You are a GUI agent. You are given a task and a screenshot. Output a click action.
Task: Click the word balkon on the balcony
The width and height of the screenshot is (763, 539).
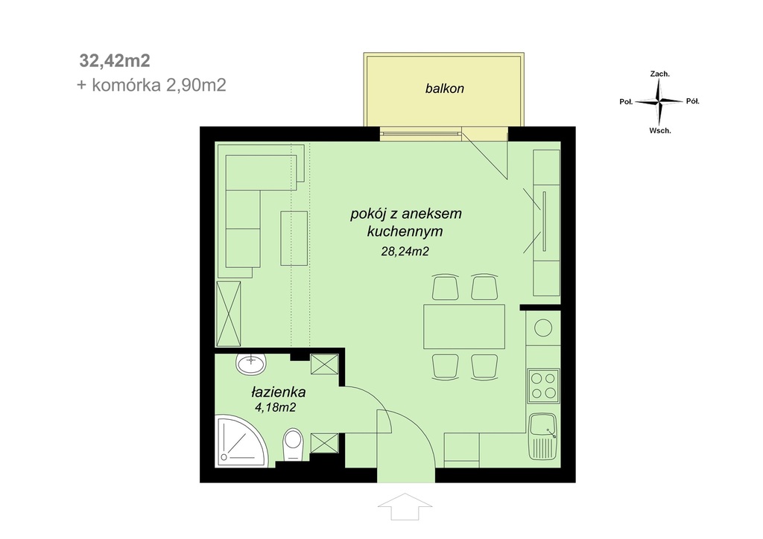444,89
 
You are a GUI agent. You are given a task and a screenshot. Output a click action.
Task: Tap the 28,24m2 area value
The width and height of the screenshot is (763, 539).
405,252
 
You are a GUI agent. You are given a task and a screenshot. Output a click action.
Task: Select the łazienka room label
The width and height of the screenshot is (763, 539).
279,392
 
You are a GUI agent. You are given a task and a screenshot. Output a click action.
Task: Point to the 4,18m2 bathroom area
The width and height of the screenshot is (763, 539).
276,407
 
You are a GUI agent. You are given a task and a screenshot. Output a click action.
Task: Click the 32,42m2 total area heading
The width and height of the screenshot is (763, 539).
115,61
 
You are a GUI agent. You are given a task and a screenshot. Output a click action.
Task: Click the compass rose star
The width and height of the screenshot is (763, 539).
659,101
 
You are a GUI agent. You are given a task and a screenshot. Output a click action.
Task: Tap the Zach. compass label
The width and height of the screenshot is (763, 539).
660,74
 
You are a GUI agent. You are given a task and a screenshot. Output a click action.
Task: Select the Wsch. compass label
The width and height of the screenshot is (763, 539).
660,131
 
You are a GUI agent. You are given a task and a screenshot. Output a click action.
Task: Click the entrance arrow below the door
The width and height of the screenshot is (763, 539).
405,506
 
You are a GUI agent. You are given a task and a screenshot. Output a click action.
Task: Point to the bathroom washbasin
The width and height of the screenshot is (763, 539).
251,363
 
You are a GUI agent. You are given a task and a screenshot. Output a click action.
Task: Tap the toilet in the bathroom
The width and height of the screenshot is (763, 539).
293,444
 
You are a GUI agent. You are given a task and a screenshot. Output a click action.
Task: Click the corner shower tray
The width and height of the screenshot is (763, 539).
241,440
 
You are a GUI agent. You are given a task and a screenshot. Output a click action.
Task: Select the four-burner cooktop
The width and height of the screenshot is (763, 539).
543,386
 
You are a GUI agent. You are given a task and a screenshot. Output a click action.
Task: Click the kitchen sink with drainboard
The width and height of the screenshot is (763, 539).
543,437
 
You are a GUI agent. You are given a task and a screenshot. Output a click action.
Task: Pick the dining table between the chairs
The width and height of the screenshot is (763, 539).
463,327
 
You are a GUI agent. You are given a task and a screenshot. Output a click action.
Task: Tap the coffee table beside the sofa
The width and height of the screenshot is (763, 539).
294,238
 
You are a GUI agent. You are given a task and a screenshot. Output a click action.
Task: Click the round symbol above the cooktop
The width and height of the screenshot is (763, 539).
543,328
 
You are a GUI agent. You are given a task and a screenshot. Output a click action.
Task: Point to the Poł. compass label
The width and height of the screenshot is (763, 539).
626,102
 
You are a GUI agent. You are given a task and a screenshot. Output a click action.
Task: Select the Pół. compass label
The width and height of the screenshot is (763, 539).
692,101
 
